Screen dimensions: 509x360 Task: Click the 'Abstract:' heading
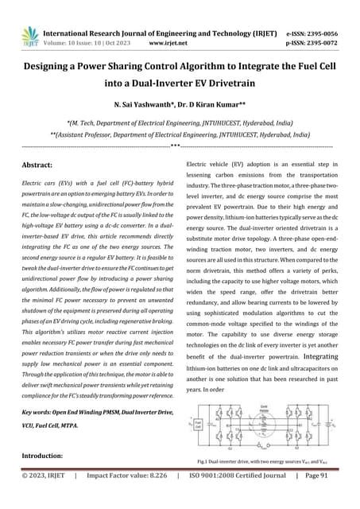click(45, 164)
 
